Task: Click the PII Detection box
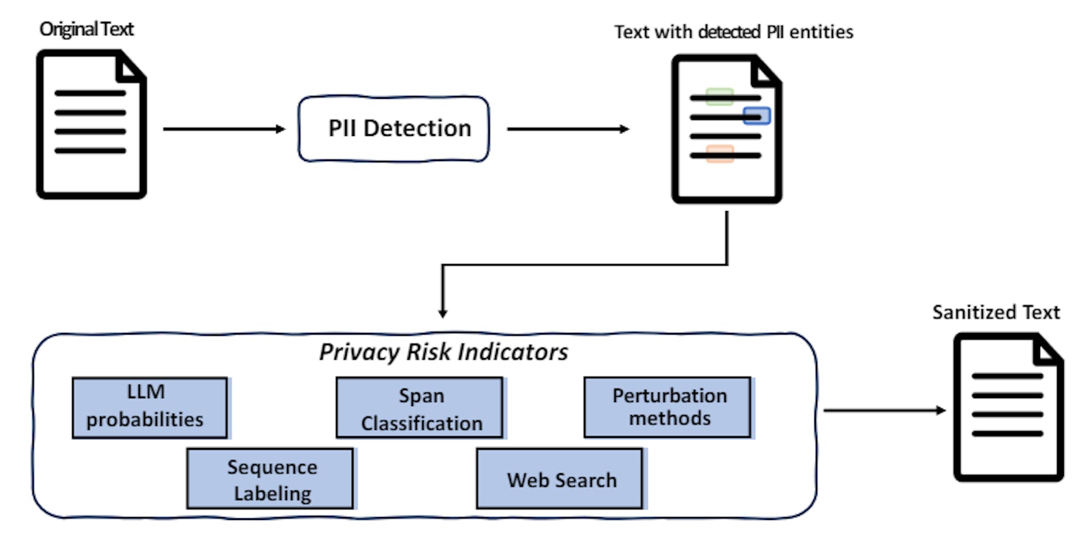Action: pos(393,129)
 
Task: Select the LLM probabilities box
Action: pos(150,407)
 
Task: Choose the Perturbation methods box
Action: pos(668,407)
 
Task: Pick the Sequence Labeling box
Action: pos(270,478)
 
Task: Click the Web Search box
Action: pos(560,479)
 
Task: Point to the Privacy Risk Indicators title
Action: pos(443,352)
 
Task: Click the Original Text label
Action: pos(87,29)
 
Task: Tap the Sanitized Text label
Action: pos(995,312)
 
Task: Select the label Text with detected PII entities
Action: pos(733,32)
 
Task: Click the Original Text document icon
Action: pos(92,125)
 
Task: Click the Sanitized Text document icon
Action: pos(1008,407)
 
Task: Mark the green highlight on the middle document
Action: pos(719,96)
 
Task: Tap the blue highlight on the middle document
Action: pos(756,116)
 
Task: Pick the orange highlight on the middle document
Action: pos(720,153)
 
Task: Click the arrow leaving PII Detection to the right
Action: pos(568,129)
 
